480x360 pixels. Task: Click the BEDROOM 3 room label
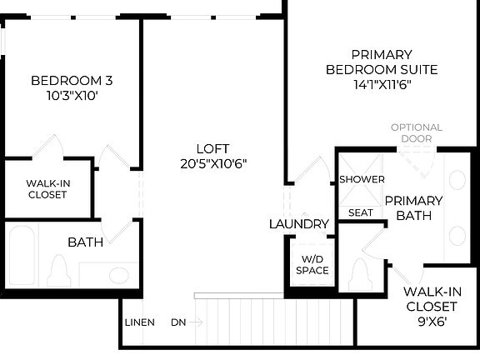click(x=72, y=81)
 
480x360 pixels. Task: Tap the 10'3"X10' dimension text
click(x=72, y=95)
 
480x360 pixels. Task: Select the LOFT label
click(x=213, y=147)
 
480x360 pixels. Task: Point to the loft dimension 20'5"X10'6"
click(x=213, y=162)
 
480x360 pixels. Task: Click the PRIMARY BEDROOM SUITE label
click(x=382, y=62)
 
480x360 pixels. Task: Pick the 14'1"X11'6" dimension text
click(x=382, y=84)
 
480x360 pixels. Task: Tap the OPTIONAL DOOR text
click(x=417, y=132)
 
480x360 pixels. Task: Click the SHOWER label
click(x=362, y=179)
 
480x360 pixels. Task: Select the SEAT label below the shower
click(x=361, y=212)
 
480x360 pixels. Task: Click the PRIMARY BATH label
click(x=413, y=207)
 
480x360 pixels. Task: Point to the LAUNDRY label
click(x=299, y=224)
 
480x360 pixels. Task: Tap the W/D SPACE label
click(x=312, y=264)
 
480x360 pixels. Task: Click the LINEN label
click(x=138, y=322)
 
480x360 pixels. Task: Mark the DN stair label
click(x=178, y=322)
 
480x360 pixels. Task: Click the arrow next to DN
click(x=197, y=322)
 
